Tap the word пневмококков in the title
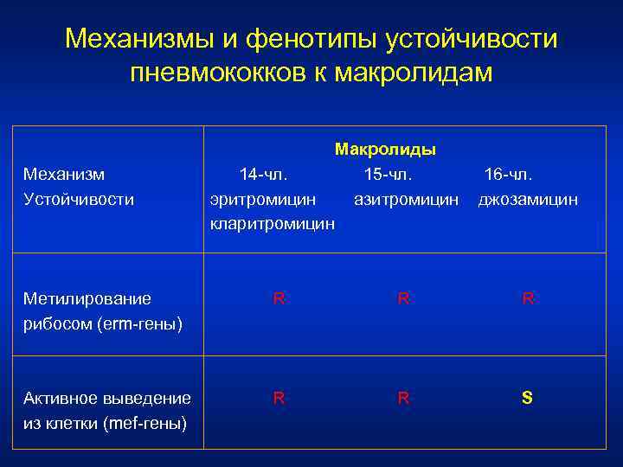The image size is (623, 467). (x=220, y=73)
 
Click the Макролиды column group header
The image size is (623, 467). (x=385, y=150)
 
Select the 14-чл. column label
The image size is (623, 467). (x=263, y=175)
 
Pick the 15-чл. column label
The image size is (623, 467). (x=388, y=175)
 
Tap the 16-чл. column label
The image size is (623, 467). (x=508, y=175)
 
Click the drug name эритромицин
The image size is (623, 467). (x=263, y=200)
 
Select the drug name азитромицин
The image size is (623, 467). (x=406, y=200)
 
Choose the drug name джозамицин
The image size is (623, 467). (x=528, y=200)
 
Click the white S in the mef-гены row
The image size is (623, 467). (x=527, y=398)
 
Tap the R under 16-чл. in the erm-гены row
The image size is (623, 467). (x=527, y=298)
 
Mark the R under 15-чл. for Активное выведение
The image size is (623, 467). (x=403, y=398)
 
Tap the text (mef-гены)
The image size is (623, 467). (x=143, y=423)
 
